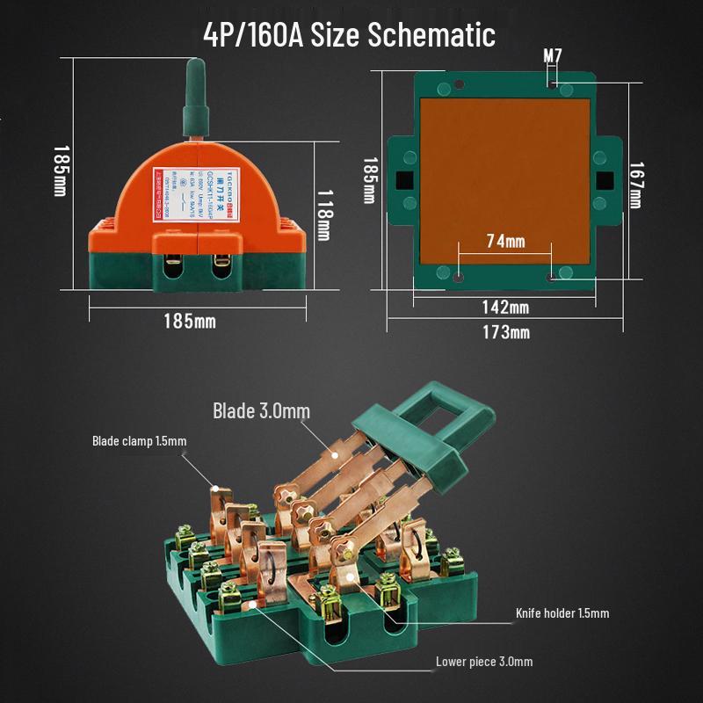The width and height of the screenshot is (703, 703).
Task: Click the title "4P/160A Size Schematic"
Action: tap(349, 34)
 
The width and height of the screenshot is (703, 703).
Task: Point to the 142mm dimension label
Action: tap(506, 308)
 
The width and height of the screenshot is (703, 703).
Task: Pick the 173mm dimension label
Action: tap(506, 332)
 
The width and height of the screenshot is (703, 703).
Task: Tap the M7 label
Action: tap(552, 57)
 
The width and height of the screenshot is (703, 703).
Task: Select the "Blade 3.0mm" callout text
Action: tap(261, 411)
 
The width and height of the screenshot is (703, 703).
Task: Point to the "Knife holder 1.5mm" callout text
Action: tap(562, 613)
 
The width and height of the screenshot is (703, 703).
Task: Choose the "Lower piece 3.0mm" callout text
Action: tap(483, 662)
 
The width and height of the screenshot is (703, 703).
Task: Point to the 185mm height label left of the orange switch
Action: tap(60, 171)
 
